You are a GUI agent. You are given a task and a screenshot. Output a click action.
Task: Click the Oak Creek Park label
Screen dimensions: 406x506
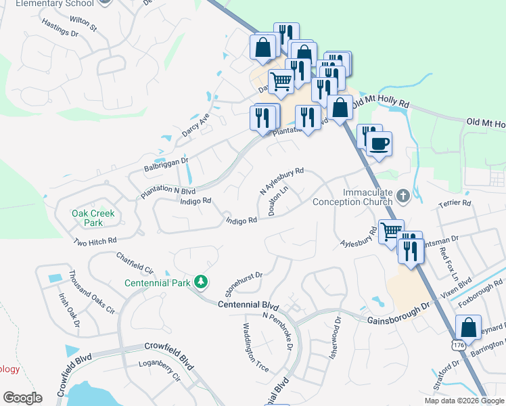pos(93,218)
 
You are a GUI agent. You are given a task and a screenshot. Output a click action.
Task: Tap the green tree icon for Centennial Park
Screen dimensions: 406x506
pos(200,281)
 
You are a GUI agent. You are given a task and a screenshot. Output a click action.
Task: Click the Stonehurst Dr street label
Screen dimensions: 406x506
pos(244,284)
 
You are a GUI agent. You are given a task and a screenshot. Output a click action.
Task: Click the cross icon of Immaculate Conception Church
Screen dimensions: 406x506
pos(403,196)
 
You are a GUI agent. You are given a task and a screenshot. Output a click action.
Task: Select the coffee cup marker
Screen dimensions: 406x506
pos(379,145)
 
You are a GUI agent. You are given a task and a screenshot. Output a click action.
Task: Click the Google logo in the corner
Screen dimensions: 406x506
pos(22,398)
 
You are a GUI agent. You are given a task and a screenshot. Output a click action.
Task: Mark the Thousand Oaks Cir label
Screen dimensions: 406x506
pos(91,292)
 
